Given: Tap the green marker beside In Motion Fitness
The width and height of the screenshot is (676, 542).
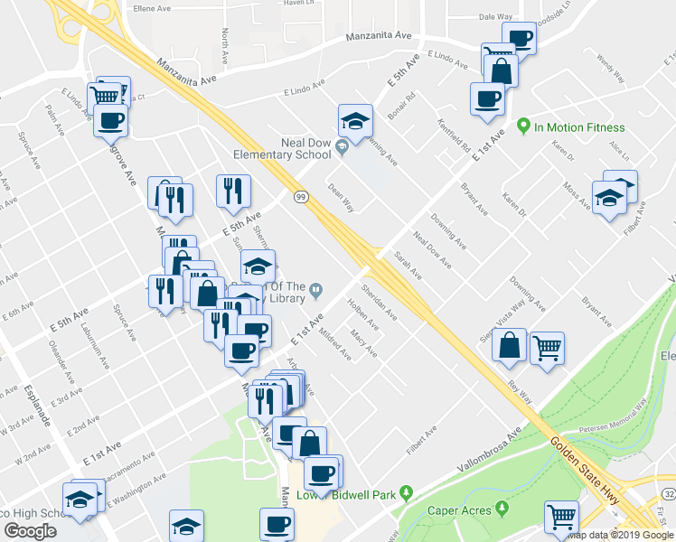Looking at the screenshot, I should pos(522,126).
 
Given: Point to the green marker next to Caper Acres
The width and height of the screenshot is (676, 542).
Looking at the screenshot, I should pos(498,510).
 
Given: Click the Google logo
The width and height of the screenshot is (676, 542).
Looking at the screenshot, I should pos(30,530).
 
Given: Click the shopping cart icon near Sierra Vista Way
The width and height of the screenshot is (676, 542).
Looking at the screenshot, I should pos(547,347).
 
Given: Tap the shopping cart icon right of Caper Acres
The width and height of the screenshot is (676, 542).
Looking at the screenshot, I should pos(561,518).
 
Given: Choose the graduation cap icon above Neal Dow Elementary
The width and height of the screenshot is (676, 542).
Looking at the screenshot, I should pos(355,121).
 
